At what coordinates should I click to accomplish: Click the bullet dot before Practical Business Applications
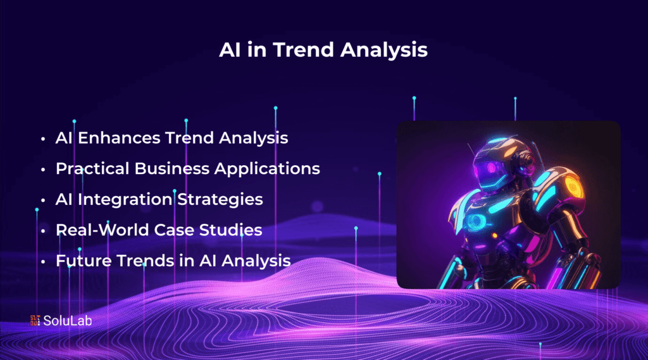(42, 170)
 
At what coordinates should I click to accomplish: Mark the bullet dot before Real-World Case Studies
(42, 230)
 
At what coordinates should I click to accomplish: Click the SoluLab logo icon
(35, 321)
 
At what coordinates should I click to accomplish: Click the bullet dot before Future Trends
(42, 261)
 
